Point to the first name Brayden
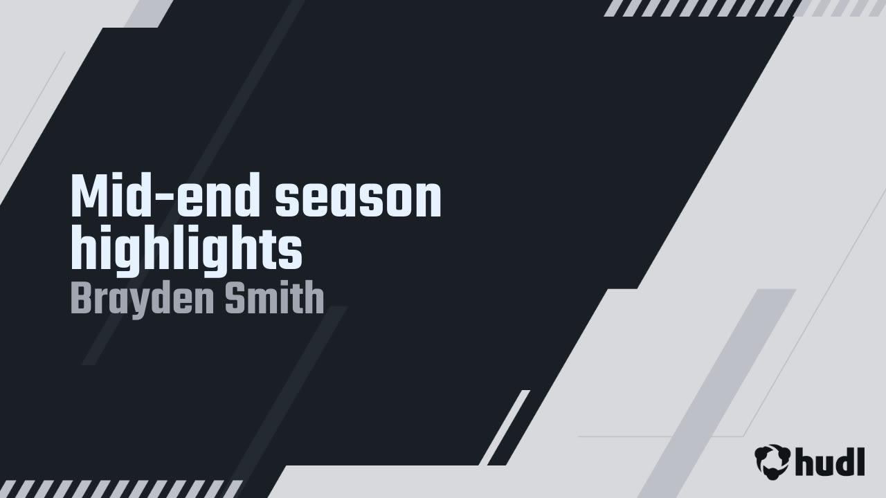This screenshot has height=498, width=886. point(142,299)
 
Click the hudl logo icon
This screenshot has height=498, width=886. point(772,461)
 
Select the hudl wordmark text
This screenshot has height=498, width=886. point(829,461)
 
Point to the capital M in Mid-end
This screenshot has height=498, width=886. point(88,198)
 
